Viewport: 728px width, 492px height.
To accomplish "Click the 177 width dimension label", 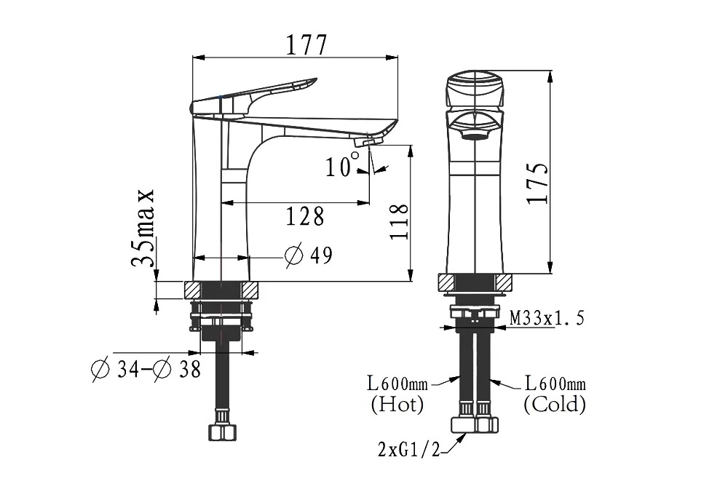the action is click(306, 45).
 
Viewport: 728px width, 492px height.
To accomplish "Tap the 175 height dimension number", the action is click(538, 183).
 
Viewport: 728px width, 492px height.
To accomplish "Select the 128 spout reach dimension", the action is click(304, 216).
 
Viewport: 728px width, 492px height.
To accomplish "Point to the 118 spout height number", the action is click(399, 221).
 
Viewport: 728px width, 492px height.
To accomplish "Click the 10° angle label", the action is click(342, 164).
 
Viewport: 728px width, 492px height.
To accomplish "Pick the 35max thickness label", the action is click(142, 227).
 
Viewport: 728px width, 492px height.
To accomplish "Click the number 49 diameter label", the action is click(321, 255).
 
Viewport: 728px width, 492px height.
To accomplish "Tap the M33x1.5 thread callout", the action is click(547, 318).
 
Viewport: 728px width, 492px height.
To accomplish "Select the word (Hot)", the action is click(397, 404).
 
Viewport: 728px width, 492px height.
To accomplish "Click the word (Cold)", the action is click(555, 404).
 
